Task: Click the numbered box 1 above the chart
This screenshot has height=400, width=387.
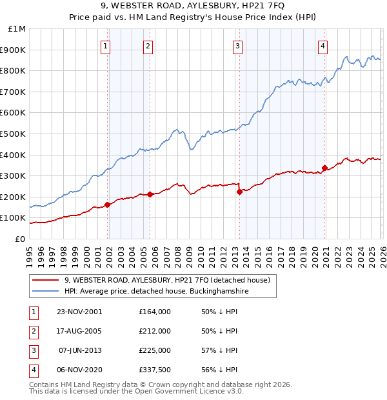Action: click(x=105, y=46)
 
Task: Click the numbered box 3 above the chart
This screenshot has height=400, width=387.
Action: click(x=237, y=46)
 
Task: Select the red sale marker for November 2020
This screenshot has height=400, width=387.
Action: click(x=324, y=168)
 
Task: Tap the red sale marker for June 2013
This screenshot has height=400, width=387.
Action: click(x=239, y=191)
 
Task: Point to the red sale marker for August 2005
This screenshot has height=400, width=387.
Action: click(x=150, y=194)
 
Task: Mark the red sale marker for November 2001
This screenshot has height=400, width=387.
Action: click(x=107, y=205)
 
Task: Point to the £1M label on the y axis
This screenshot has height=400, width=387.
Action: click(x=17, y=29)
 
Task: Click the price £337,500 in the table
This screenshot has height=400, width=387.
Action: click(x=155, y=370)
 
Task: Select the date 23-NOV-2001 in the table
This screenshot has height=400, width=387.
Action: click(x=80, y=312)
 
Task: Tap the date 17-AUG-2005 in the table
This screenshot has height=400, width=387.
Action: click(x=80, y=331)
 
